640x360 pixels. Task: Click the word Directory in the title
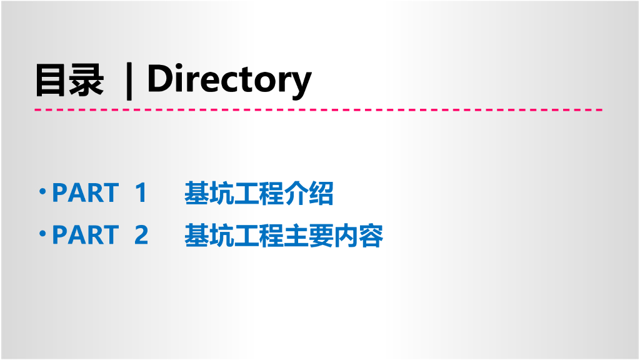[229, 79]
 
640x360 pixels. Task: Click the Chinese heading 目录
[69, 80]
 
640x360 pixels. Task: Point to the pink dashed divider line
[319, 109]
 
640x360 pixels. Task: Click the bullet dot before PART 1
[42, 190]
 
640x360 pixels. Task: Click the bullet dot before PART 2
[42, 232]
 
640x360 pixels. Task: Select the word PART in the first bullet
[85, 193]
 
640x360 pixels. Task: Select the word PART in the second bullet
[85, 235]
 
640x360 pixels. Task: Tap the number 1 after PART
[141, 193]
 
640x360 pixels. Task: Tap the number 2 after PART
[141, 235]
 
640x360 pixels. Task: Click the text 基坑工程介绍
[259, 194]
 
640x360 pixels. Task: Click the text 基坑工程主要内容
[284, 236]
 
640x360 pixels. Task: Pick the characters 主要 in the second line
[309, 236]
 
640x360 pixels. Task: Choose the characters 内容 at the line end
[359, 236]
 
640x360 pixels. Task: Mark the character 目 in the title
[51, 80]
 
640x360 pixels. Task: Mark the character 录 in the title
[86, 80]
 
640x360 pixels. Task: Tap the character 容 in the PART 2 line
[371, 236]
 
